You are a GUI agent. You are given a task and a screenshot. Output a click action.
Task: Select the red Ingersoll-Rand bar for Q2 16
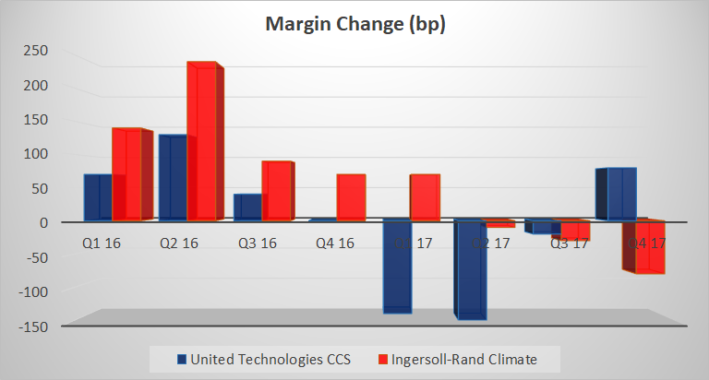click(x=202, y=142)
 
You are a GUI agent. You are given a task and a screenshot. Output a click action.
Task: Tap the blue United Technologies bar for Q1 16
click(x=97, y=196)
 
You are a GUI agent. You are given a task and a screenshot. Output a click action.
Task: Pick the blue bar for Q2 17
click(x=470, y=268)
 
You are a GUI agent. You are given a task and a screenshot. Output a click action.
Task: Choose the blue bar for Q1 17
click(x=397, y=266)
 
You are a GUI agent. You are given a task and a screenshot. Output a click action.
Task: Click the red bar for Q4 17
click(x=648, y=246)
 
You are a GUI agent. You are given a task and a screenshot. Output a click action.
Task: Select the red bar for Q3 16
click(x=276, y=191)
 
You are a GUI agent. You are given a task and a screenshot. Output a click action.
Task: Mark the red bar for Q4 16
click(x=351, y=197)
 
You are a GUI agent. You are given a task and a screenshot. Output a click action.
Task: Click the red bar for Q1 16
click(x=127, y=173)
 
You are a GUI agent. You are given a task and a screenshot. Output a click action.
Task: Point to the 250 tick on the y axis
click(x=34, y=50)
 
